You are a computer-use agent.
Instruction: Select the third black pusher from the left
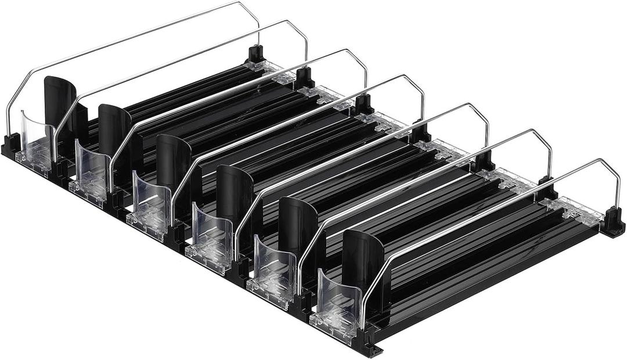pyautogui.click(x=173, y=160)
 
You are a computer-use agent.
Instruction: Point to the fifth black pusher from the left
pyautogui.click(x=298, y=223)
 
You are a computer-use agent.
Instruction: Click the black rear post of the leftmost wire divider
pyautogui.click(x=255, y=55)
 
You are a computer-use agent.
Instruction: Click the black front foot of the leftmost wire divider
pyautogui.click(x=11, y=145)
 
